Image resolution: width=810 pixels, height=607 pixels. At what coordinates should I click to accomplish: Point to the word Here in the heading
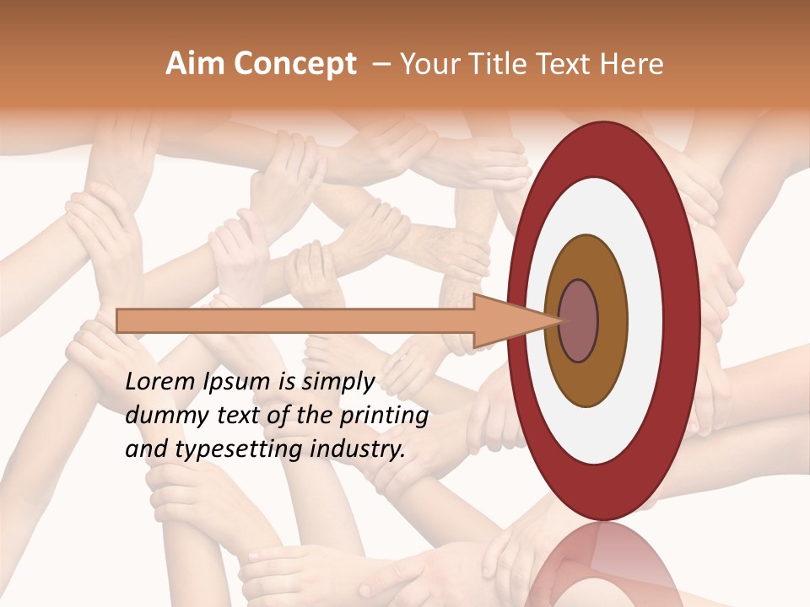click(632, 64)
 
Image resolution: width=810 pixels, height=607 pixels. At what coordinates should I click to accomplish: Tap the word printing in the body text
click(385, 416)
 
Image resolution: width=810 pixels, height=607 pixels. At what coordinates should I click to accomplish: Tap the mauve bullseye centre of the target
click(578, 321)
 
